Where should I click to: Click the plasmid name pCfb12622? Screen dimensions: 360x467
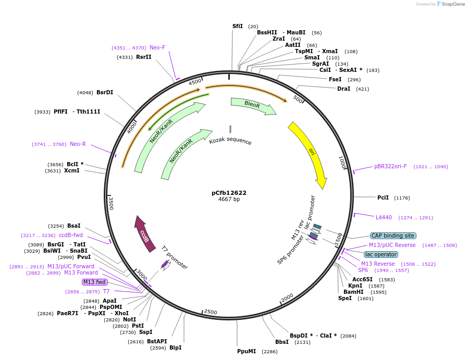click(229, 193)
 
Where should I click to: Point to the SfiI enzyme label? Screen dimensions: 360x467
click(238, 26)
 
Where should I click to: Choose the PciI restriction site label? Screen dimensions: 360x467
click(383, 197)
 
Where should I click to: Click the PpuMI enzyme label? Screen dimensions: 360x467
click(247, 351)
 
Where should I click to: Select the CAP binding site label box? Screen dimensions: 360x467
click(393, 235)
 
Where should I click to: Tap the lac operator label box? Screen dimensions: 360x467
click(380, 254)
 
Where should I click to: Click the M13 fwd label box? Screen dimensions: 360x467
click(95, 282)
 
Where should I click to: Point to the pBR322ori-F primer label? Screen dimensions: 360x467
click(390, 167)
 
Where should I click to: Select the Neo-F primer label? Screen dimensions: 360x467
click(157, 47)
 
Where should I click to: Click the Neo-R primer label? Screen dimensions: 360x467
click(78, 144)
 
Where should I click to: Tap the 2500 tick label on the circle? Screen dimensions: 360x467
click(211, 312)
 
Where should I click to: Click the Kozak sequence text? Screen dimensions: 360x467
click(230, 141)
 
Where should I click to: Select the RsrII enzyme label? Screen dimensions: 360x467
click(143, 57)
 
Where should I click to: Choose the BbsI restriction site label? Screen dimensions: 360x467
click(281, 342)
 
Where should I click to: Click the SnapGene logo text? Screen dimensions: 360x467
click(451, 4)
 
